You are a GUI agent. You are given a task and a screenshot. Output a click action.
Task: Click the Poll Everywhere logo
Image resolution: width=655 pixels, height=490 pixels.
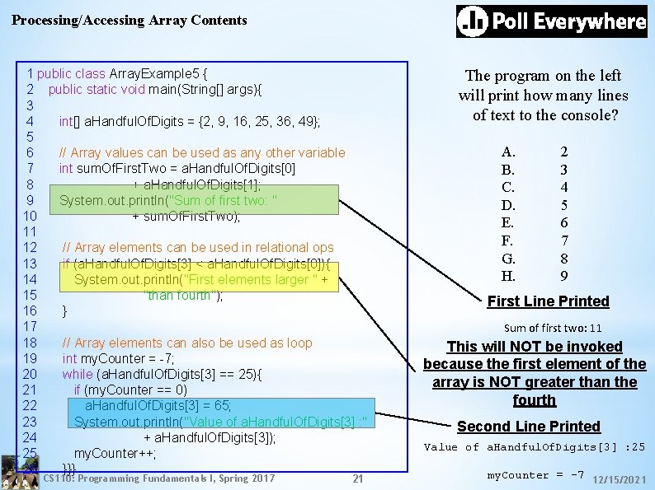(551, 21)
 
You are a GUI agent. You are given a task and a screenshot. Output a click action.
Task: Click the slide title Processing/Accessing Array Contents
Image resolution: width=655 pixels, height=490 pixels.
(130, 20)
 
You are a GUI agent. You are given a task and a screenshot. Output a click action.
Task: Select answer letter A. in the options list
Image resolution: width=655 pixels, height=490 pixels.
(508, 152)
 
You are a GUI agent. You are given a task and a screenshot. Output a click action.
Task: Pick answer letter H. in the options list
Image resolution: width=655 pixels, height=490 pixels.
(508, 276)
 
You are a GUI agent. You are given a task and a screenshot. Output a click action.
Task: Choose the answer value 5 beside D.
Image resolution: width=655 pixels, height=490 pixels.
(564, 205)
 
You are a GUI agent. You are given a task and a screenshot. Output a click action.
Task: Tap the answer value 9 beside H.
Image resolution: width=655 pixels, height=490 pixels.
(564, 276)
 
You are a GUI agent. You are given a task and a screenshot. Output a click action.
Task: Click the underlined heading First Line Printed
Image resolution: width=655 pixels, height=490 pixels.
(548, 301)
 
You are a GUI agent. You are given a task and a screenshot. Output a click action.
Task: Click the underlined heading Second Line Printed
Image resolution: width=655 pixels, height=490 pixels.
(529, 427)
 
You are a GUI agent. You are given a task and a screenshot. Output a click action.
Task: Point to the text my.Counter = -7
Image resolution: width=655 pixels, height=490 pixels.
(535, 475)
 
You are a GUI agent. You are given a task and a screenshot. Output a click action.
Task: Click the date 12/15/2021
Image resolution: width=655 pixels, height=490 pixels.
(620, 478)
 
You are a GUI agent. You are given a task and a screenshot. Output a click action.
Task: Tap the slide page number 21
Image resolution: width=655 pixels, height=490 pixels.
(357, 478)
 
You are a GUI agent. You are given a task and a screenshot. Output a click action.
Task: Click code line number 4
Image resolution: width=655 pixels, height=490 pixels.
(30, 121)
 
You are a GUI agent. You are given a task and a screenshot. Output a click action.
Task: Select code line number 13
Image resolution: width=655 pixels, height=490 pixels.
(30, 264)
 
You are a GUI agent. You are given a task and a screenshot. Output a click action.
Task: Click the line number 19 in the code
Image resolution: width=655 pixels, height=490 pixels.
(30, 358)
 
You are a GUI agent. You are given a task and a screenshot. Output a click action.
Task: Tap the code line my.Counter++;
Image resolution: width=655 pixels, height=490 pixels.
(115, 453)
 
